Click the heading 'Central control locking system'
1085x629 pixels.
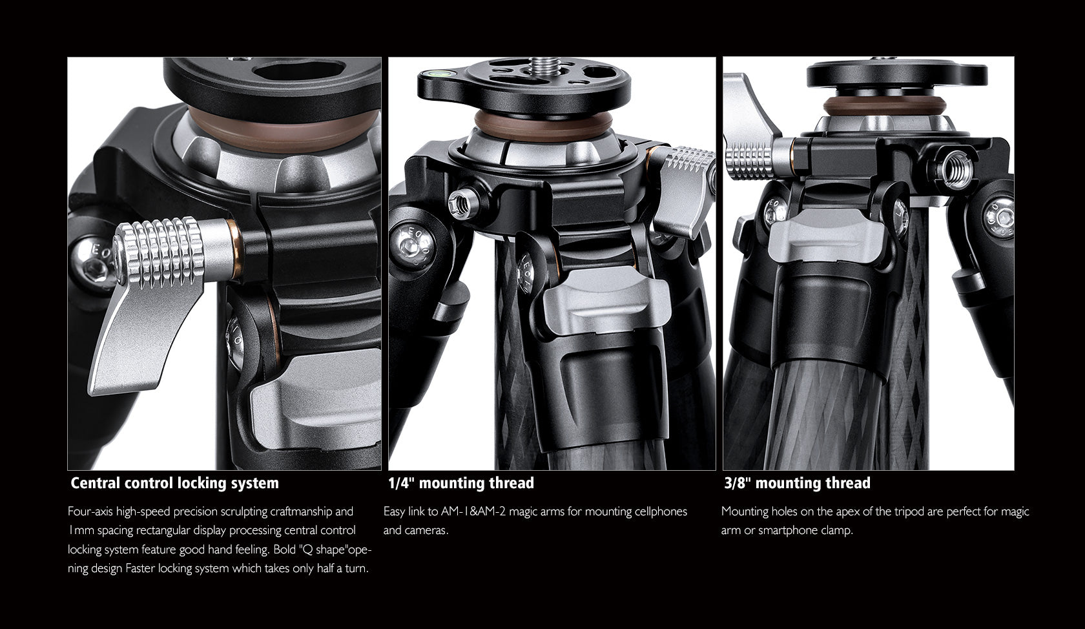point(174,483)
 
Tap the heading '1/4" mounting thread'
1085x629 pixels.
point(460,483)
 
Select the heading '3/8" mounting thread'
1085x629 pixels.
point(796,483)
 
